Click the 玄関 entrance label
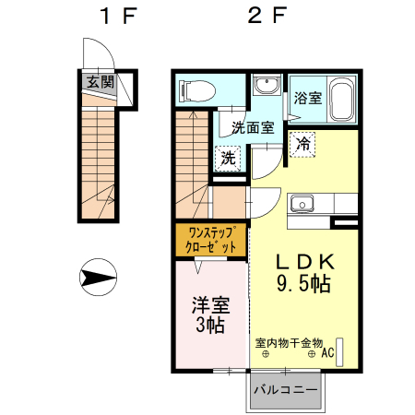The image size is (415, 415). (x=101, y=81)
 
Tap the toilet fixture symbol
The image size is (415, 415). (x=196, y=90)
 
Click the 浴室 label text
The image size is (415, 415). (x=307, y=98)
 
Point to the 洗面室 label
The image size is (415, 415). (x=252, y=128)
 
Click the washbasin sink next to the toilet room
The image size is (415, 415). (x=267, y=86)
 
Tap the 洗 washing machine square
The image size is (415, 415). (x=228, y=158)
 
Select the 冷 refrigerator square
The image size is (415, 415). (x=303, y=143)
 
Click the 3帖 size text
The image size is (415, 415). (x=210, y=326)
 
